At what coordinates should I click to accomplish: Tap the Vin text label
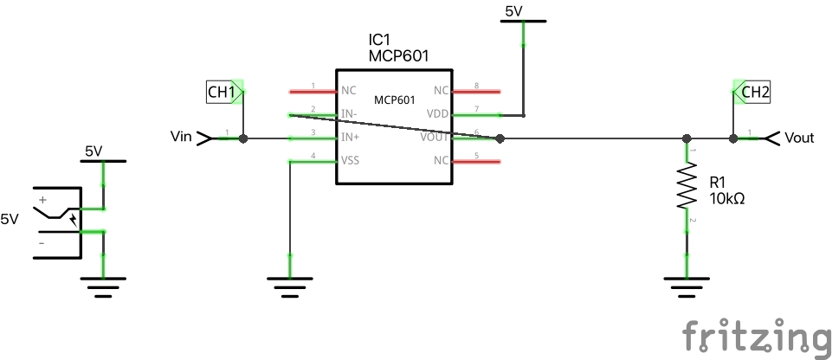coord(181,137)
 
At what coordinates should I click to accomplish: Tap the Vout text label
coord(800,138)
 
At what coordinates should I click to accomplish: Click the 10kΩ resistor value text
coord(727,199)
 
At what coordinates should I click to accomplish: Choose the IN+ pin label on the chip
coord(350,138)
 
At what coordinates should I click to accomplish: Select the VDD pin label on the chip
coord(438,114)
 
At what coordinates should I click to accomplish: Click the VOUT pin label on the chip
coord(435,138)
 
